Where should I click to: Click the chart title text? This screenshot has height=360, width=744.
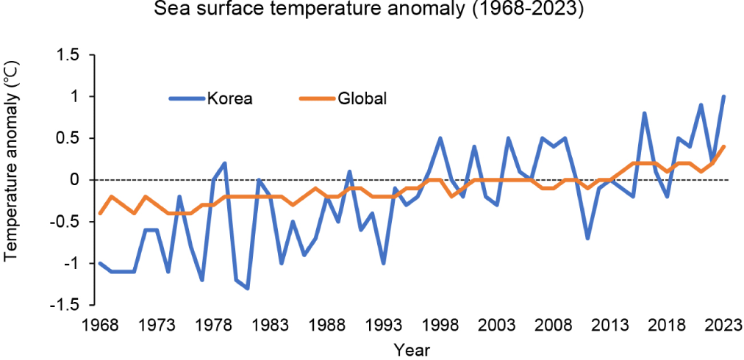pos(372,11)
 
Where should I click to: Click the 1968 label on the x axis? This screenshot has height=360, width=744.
pos(100,325)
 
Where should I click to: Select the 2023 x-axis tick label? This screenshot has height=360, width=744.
pos(723,325)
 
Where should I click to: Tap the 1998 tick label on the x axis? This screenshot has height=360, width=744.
pos(440,325)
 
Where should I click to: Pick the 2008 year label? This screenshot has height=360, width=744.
pos(553,325)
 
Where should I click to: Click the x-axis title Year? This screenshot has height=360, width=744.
pos(412,349)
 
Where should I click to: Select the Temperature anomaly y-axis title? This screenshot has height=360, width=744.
pos(11,179)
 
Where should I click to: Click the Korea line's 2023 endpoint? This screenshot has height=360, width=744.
pos(723,97)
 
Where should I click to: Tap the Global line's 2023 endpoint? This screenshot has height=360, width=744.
pos(723,147)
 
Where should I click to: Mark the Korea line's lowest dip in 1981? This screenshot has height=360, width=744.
pos(248,288)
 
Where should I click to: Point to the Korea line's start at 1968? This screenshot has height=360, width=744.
pos(100,263)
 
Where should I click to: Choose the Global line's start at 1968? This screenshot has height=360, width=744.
pos(100,213)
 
